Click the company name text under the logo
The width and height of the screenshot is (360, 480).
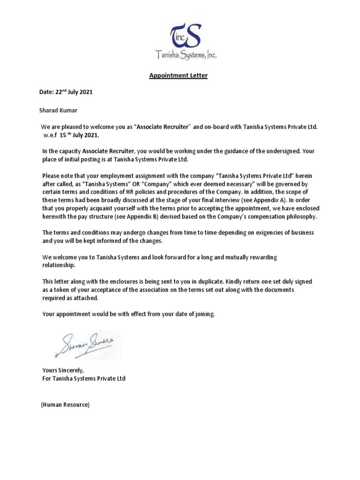coord(186,56)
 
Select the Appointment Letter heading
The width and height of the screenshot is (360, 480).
coord(178,75)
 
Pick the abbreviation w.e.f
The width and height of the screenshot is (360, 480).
coord(50,135)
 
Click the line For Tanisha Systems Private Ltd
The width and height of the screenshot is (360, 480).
coord(84,378)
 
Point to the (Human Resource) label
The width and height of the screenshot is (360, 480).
coord(65,404)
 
